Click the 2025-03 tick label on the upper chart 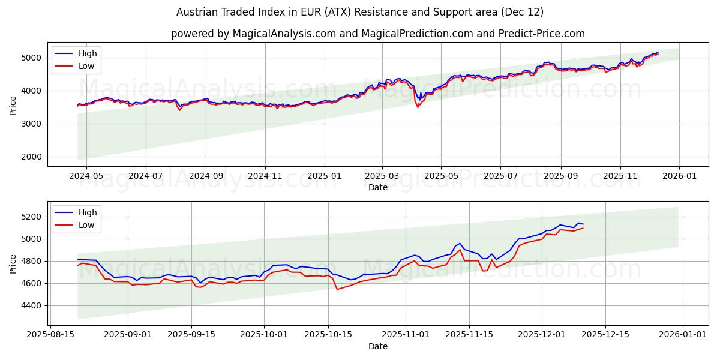coord(382,176)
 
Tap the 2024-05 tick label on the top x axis coord(86,176)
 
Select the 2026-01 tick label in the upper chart coord(679,176)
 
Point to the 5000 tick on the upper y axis coord(31,58)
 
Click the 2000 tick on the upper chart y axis coord(31,157)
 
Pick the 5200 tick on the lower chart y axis coord(31,217)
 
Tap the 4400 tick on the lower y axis coord(31,305)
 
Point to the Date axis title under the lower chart coord(378,346)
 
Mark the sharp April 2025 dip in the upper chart coord(418,106)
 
